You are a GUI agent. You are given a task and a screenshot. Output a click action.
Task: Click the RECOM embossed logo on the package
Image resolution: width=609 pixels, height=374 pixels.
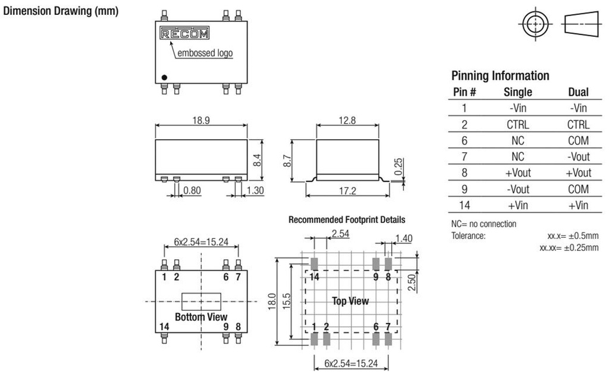184,34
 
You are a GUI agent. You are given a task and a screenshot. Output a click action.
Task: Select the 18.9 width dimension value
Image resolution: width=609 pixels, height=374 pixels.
200,120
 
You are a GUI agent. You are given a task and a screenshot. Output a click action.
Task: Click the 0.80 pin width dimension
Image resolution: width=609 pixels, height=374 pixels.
192,191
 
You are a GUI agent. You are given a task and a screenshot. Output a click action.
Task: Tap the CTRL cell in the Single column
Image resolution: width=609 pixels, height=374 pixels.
517,124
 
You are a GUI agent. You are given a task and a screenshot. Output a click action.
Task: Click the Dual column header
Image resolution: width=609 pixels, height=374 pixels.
578,92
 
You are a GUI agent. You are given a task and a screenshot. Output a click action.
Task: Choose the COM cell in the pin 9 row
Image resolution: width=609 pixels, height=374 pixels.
578,189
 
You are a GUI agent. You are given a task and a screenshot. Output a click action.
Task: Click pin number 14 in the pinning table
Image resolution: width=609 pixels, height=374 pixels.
464,205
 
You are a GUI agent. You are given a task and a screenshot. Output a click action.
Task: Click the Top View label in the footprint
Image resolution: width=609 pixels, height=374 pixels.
350,301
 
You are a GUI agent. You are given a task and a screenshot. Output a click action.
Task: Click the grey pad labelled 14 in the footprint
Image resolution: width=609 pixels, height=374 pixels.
314,263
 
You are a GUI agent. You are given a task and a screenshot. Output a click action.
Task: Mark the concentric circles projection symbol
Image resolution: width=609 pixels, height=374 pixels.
535,24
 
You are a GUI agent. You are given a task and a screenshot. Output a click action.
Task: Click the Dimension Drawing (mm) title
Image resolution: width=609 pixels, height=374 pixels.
61,12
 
